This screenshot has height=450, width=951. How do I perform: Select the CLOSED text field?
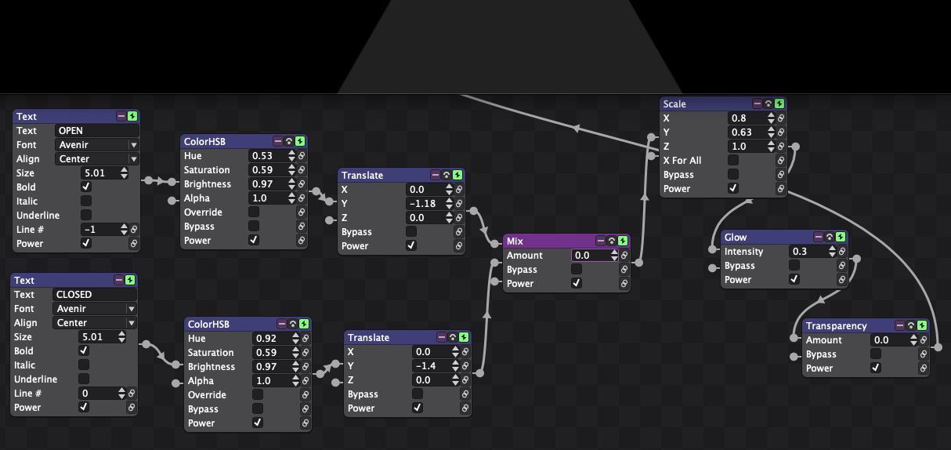tap(94, 295)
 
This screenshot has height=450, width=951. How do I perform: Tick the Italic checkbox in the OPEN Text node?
tap(86, 201)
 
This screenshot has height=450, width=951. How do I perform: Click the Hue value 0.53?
tap(267, 156)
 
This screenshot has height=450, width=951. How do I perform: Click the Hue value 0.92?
tap(271, 339)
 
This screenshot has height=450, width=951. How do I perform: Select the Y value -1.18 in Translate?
tap(425, 204)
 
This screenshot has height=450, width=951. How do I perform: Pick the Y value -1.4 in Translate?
tap(432, 366)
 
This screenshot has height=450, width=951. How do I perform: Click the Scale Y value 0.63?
tap(747, 132)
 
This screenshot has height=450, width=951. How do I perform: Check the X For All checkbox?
tap(733, 160)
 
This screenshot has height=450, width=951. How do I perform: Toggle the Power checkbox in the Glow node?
tap(794, 279)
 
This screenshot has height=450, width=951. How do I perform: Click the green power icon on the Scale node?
tap(779, 103)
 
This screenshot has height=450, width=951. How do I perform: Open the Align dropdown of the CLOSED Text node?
tap(94, 323)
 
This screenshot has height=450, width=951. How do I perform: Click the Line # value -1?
tap(100, 230)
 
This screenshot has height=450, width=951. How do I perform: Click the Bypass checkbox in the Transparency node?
tap(876, 354)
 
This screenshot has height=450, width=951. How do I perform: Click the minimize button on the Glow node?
tap(819, 237)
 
